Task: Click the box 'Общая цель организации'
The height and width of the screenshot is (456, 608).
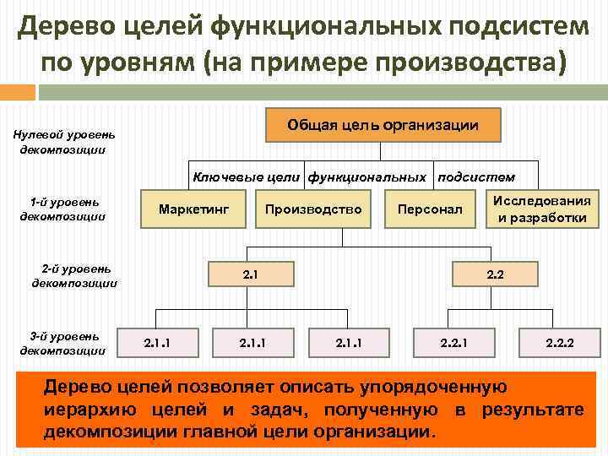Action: coord(383,125)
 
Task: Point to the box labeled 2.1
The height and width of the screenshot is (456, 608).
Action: coord(249,274)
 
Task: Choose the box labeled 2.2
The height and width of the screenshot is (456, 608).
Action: coord(495,274)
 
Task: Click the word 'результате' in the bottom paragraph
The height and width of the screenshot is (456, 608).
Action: coord(533,410)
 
